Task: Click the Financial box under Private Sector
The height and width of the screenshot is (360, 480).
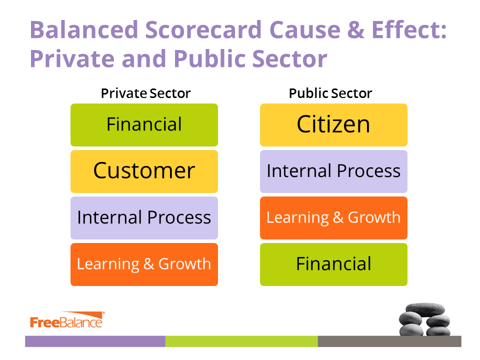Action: point(144,125)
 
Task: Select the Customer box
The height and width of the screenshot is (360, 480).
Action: point(144,171)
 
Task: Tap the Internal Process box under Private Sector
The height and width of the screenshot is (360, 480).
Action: point(144,218)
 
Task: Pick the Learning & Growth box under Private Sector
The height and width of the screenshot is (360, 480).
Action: point(144,264)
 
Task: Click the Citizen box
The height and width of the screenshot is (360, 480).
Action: point(333,125)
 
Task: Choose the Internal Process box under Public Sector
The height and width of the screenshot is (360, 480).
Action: point(333,171)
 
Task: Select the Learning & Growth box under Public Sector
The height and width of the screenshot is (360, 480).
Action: point(333,218)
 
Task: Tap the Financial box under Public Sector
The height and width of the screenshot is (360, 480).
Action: point(333,264)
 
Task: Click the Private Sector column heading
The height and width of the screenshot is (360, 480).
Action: point(145,93)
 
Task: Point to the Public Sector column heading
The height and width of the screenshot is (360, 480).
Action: point(330,93)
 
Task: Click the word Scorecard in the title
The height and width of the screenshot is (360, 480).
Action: point(203,29)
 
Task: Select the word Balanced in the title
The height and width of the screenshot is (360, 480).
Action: point(84,29)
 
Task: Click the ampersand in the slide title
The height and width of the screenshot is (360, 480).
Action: point(356,29)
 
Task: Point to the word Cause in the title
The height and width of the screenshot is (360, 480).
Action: point(305,29)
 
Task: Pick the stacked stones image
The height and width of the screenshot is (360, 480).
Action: point(424,319)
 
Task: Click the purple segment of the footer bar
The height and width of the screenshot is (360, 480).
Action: point(95,341)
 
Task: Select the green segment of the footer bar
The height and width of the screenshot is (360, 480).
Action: point(241,341)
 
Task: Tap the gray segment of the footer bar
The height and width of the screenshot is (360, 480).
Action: point(389,341)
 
